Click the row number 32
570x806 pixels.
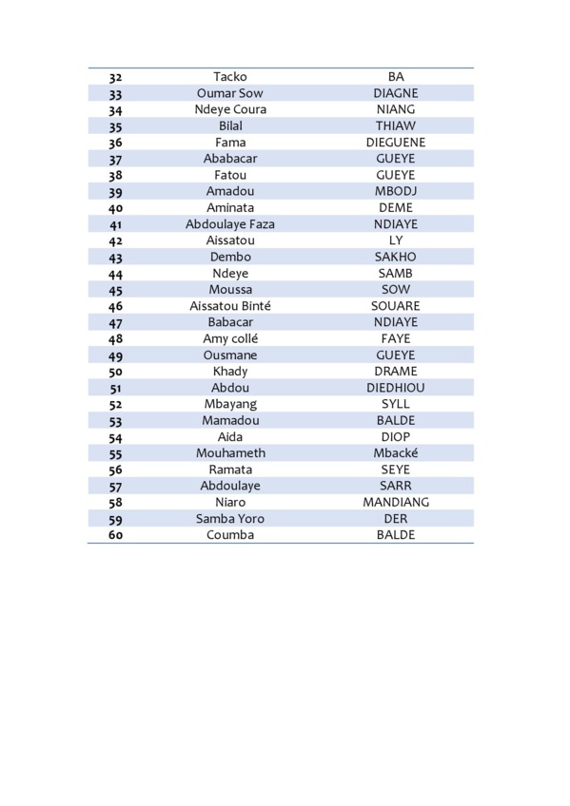(x=115, y=77)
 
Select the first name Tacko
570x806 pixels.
(x=230, y=77)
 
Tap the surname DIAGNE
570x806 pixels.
(x=396, y=93)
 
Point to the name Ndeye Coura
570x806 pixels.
(x=230, y=109)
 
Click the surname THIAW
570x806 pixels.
(x=396, y=125)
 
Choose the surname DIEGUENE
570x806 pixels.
(x=396, y=143)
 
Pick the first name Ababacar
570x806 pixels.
(x=230, y=159)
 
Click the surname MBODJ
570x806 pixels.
(x=396, y=191)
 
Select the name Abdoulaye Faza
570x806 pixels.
(x=230, y=224)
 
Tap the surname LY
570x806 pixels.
(x=396, y=240)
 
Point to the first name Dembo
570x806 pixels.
(x=230, y=257)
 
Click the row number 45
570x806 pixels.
(x=115, y=290)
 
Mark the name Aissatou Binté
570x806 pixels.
(x=230, y=306)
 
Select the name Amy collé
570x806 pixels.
(x=230, y=338)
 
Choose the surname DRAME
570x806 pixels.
(x=396, y=372)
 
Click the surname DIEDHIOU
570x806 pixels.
(x=396, y=388)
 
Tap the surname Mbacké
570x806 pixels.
(x=396, y=453)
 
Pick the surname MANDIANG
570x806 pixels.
(x=396, y=502)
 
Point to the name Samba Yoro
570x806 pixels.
(x=230, y=518)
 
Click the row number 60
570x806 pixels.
(x=115, y=535)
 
